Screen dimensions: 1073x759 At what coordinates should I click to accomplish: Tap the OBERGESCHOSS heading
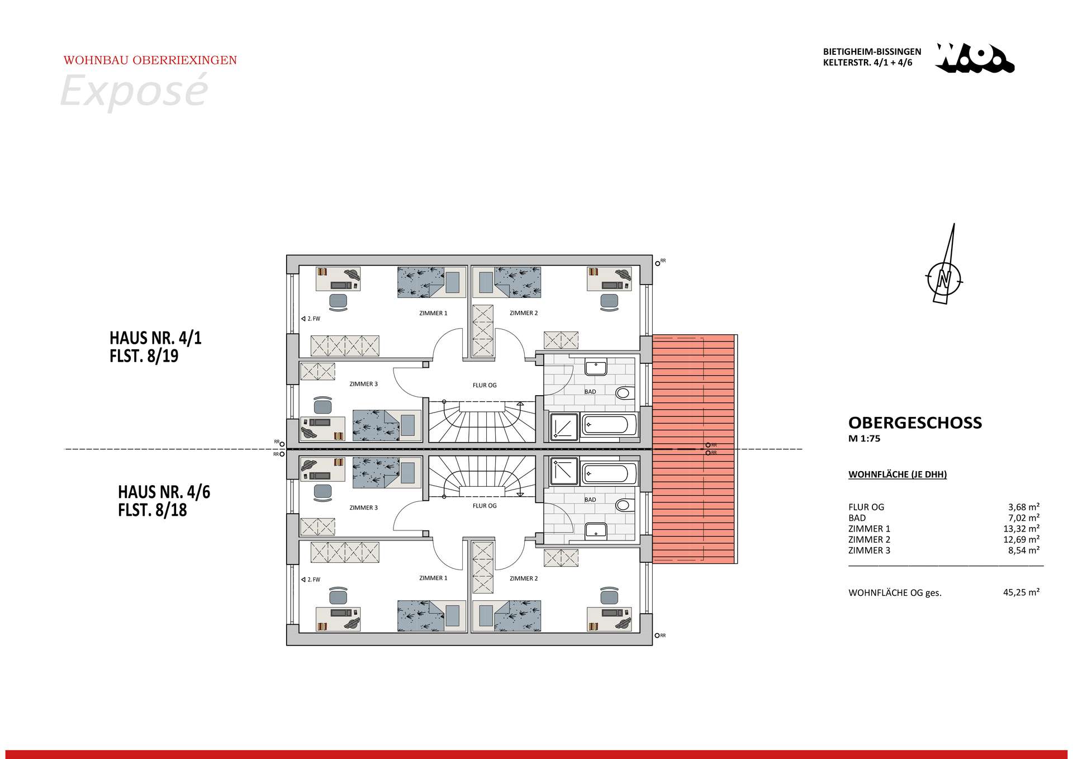click(915, 423)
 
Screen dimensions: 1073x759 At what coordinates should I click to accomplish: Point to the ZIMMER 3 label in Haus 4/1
click(363, 384)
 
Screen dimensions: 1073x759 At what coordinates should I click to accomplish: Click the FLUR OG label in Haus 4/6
click(484, 506)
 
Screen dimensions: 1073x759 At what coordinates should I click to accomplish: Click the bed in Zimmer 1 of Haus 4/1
click(431, 282)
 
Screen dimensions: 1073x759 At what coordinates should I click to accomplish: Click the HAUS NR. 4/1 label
click(155, 338)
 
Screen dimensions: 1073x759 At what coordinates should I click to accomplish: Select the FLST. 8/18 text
click(152, 510)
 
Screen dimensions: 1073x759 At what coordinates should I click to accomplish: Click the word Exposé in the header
click(134, 90)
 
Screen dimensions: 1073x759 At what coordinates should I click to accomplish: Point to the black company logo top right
click(975, 59)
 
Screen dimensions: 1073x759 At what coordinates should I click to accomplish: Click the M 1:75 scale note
click(864, 439)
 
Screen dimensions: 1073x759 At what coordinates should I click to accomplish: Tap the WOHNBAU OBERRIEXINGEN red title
click(150, 60)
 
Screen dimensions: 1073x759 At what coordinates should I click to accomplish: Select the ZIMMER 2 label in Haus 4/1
click(524, 313)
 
